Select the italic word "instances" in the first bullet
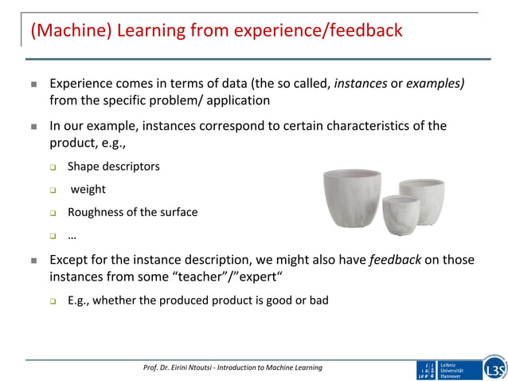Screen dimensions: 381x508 [361, 83]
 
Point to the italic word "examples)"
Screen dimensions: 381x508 [436, 83]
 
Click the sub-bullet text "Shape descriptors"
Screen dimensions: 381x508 [113, 167]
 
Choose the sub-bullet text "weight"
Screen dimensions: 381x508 [88, 190]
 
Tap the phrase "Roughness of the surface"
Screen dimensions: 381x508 [132, 212]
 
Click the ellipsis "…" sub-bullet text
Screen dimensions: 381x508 [72, 235]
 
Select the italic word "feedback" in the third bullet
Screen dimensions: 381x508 [396, 260]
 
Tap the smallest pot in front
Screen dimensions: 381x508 [401, 214]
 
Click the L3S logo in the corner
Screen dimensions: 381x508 [494, 369]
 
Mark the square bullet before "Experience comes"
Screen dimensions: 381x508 [34, 84]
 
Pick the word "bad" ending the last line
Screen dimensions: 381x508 [318, 300]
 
